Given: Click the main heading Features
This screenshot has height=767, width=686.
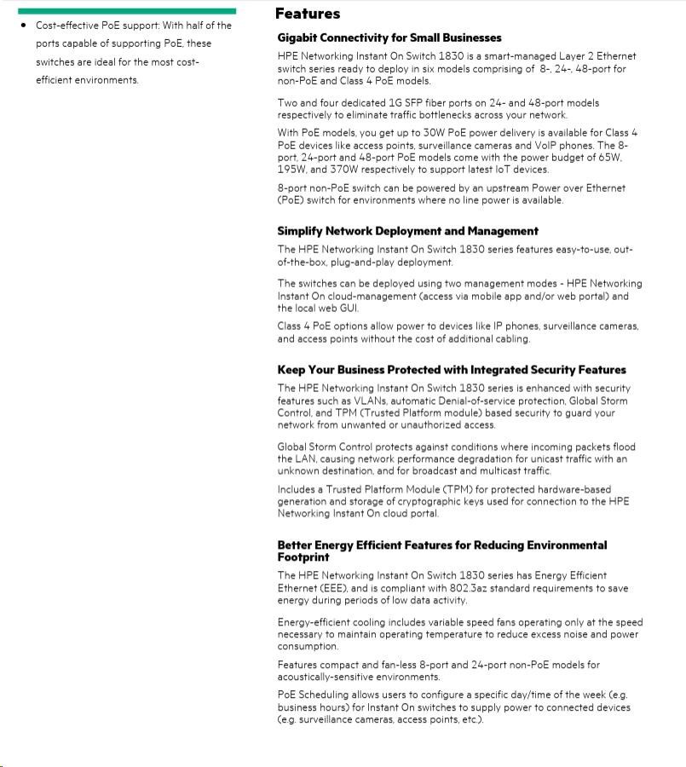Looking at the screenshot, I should point(307,14).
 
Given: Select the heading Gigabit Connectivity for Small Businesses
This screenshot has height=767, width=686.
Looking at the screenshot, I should point(389,37).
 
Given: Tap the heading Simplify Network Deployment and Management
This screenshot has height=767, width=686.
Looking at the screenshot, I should point(407,231).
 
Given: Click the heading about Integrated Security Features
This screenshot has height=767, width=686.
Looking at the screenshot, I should point(452,370).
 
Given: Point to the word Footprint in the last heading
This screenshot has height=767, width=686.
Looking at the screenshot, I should point(303,557).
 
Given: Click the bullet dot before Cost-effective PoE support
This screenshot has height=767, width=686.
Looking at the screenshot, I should point(24,26).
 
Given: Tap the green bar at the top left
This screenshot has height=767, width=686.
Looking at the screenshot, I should point(126,10).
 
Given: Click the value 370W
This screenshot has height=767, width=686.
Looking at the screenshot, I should point(344,170).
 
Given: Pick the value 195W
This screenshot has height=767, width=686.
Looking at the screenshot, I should point(293,170).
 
